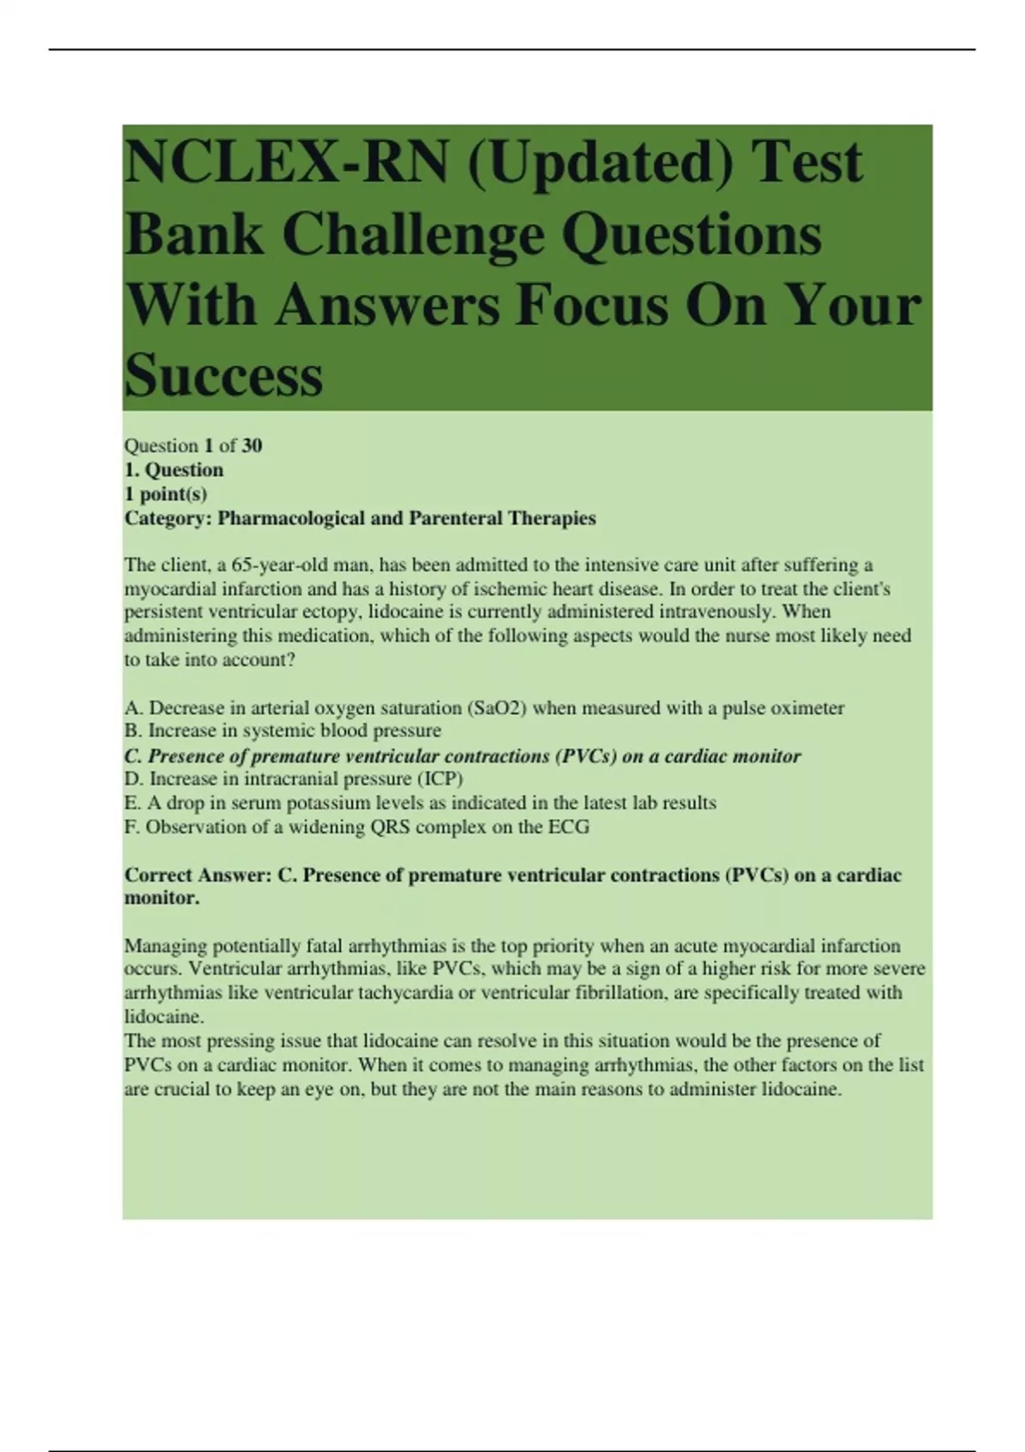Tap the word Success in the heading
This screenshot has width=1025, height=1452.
pos(224,376)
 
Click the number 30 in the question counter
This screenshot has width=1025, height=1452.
pos(251,445)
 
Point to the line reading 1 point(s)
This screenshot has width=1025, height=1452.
pos(166,494)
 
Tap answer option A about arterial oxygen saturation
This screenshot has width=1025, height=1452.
pos(484,707)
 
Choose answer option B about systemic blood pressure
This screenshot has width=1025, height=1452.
pos(283,730)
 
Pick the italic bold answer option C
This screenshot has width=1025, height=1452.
pos(462,756)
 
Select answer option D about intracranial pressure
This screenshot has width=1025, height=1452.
pos(294,778)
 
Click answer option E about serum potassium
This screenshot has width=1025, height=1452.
pos(420,803)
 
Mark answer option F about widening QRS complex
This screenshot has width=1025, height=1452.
pos(357,827)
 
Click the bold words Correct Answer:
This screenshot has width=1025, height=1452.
pos(198,875)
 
